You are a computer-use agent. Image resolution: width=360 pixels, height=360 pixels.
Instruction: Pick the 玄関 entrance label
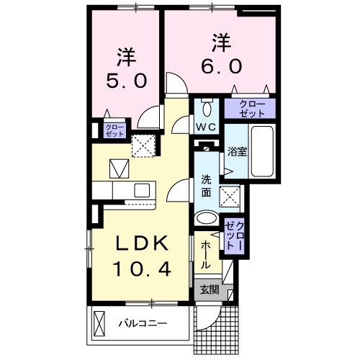pos(210,290)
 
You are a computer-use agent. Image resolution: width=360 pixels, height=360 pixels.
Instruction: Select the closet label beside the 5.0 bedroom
pos(115,130)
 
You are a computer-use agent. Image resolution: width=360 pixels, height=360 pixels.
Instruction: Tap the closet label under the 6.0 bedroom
pos(250,109)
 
